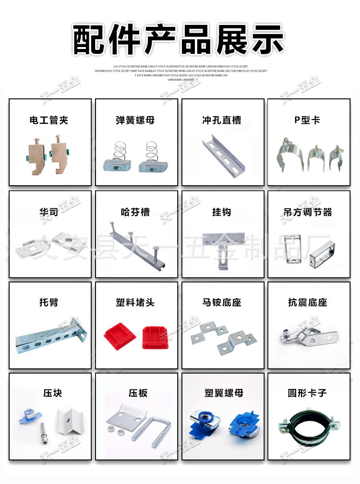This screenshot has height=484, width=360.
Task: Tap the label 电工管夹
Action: pos(49,120)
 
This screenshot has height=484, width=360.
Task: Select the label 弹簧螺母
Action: pos(135,120)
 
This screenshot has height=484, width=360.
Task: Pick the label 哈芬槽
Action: pos(135,212)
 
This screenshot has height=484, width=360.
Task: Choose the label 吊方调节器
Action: pos(308,212)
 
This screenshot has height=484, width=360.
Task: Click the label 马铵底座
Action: pos(222,302)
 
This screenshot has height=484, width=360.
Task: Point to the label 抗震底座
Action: pos(308,302)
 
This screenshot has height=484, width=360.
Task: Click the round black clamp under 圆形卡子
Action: pos(307,425)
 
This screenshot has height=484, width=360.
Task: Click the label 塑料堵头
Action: pos(135,302)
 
